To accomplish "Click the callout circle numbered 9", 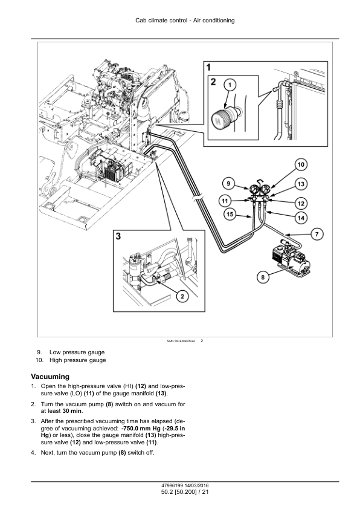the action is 228,184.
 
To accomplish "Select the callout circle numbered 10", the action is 301,165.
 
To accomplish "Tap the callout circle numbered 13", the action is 301,184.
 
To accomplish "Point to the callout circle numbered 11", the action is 225,201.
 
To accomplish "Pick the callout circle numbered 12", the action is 301,204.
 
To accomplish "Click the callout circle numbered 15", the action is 230,214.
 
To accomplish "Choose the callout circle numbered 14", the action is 301,218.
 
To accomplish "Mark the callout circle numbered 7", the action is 317,234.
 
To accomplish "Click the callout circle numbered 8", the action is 263,277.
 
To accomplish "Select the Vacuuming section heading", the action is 50,377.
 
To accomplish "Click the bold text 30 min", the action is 72,411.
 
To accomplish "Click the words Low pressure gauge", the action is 77,352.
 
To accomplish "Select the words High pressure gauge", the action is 78,360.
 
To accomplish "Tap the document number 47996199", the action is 170,485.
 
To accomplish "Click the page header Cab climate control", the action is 161,21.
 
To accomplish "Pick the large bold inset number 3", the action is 118,236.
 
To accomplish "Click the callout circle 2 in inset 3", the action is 182,296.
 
